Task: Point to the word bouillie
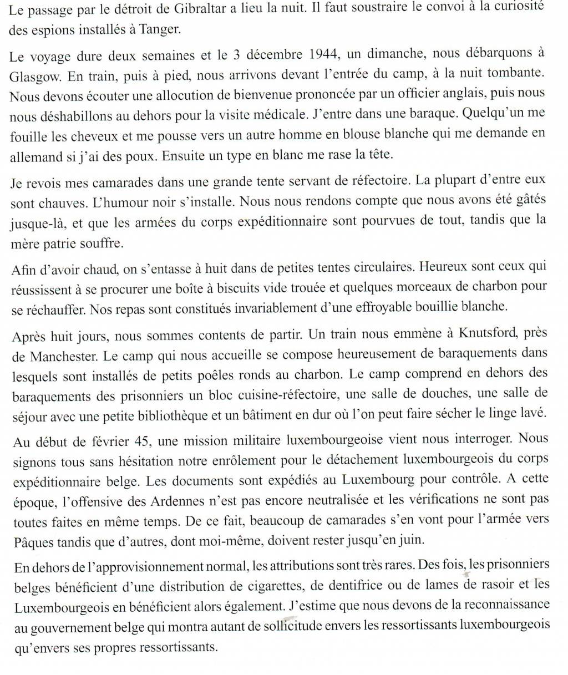tap(431, 306)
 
